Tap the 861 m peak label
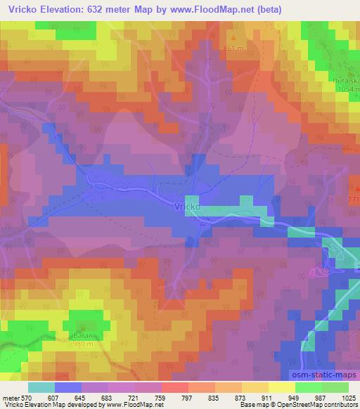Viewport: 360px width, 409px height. (x=233, y=48)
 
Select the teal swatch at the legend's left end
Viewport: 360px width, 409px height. (x=41, y=387)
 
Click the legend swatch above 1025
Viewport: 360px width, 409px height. (x=335, y=387)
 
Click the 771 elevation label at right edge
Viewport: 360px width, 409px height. (x=353, y=201)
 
